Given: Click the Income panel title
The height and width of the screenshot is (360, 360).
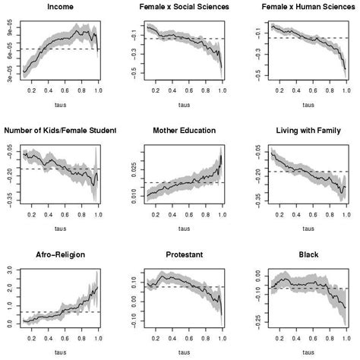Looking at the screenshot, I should [x=61, y=7].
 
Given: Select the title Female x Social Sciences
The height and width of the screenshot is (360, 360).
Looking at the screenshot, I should [x=181, y=7].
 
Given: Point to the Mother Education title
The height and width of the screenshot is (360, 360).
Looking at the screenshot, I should [x=181, y=130].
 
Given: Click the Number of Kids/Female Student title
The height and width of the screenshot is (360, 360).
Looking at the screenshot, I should [x=61, y=130].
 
